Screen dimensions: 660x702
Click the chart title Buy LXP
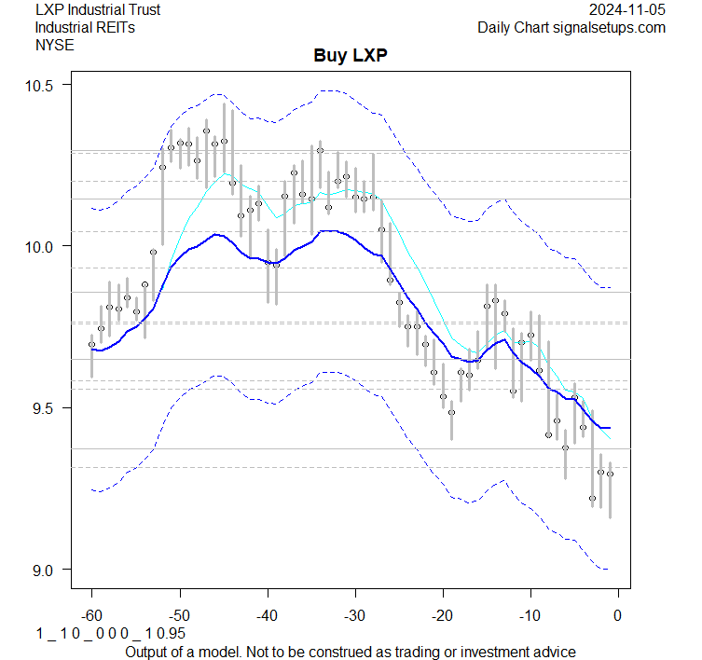click(x=350, y=56)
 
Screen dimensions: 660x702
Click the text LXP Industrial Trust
click(x=97, y=10)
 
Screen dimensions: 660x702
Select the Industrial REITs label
click(x=85, y=27)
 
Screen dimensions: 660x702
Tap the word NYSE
click(x=54, y=44)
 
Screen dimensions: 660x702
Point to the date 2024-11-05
click(x=627, y=10)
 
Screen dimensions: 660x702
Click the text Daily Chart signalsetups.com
click(x=571, y=27)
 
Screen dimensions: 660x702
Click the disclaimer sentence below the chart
click(x=350, y=651)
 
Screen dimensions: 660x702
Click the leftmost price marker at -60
click(x=91, y=345)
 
